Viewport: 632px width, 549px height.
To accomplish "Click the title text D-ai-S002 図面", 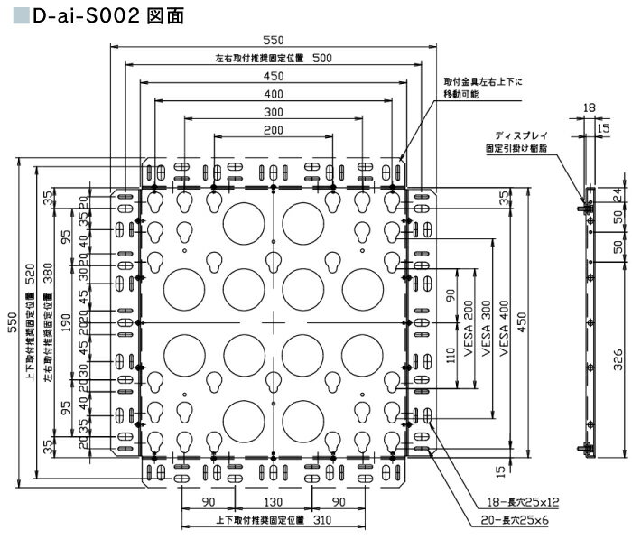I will (x=100, y=16).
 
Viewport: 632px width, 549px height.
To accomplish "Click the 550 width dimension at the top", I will (x=272, y=41).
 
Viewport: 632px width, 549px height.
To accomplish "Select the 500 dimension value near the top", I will (x=322, y=58).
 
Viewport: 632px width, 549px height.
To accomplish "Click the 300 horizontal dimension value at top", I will (x=272, y=113).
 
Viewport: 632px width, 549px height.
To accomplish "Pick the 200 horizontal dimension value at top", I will (x=272, y=132).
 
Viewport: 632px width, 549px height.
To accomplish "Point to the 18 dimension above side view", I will (x=590, y=107).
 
